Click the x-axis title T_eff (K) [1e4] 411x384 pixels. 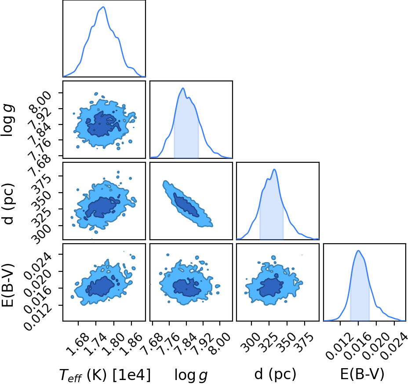105,375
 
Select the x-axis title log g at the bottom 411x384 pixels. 191,375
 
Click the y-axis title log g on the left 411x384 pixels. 7,120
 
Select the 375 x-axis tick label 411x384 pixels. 304,341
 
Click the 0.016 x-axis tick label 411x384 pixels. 357,345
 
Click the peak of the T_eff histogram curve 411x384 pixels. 104,7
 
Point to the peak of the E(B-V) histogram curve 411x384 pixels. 358,251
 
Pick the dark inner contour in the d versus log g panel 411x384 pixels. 186,205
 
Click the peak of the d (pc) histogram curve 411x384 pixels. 274,169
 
